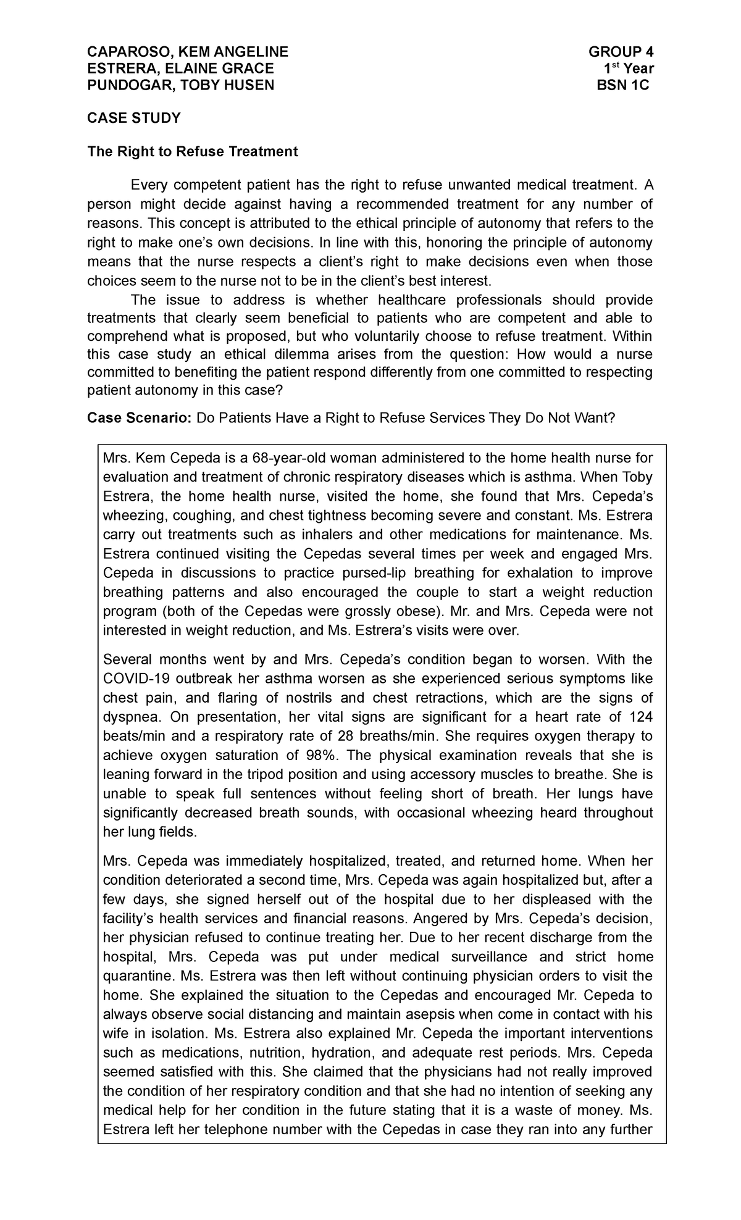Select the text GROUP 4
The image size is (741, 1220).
point(621,51)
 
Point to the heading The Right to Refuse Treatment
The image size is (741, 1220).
point(193,151)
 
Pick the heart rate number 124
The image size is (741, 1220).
point(640,717)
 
